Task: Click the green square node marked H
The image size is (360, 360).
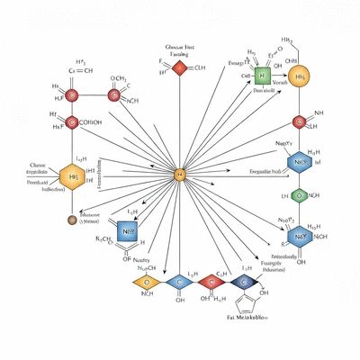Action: pos(263,76)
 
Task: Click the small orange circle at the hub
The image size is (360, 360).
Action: pos(179,174)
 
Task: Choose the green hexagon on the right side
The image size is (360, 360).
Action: pos(299,194)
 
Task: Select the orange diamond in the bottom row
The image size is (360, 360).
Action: pos(149,283)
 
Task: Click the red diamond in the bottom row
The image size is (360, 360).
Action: pos(212,283)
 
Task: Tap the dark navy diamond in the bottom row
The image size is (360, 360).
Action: pos(242,283)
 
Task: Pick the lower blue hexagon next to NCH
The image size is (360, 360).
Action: pos(300,236)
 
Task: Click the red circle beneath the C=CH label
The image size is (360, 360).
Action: pos(74,94)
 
